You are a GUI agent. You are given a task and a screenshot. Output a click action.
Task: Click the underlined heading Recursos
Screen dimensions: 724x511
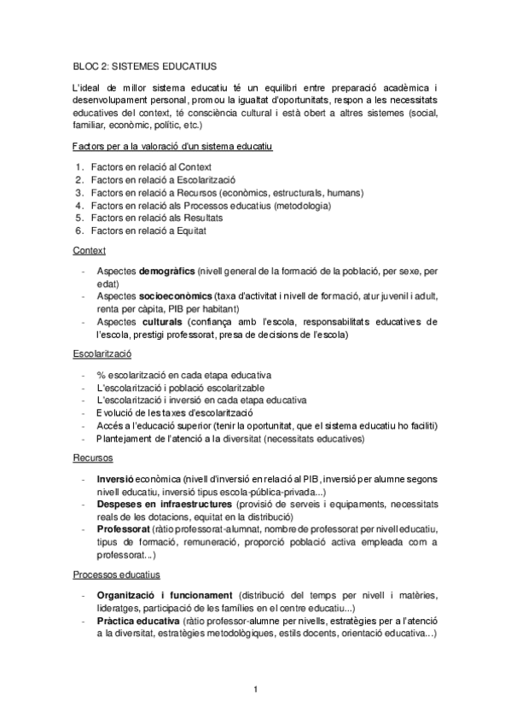pos(93,458)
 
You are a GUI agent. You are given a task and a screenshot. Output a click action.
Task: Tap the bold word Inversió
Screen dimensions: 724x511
pos(116,479)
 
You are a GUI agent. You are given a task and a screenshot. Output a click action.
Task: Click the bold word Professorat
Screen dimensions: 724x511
pos(125,528)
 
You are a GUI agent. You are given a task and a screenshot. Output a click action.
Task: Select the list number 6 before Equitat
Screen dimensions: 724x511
pos(78,230)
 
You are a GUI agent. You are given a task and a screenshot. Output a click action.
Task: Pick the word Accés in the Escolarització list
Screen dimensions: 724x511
pos(109,425)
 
